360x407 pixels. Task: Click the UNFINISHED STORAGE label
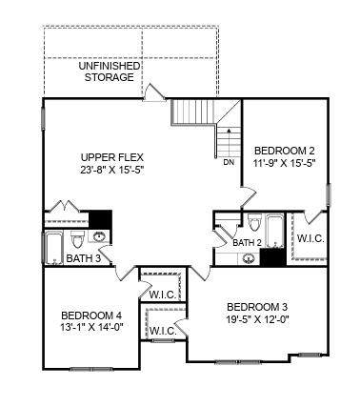(x=110, y=71)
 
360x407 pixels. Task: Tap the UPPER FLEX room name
(x=112, y=157)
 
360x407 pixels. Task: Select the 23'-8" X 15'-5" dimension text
(x=112, y=170)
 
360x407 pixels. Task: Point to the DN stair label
(x=229, y=162)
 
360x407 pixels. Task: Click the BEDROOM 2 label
(x=285, y=151)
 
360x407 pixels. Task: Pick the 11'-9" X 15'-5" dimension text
(x=286, y=163)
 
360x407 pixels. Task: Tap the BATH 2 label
(x=248, y=243)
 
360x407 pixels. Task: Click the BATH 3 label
(x=84, y=258)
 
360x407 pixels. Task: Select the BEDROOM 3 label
(x=257, y=307)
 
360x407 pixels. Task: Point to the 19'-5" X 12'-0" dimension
(x=257, y=319)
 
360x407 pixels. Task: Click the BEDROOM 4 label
(x=91, y=315)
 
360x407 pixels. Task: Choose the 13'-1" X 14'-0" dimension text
(x=91, y=327)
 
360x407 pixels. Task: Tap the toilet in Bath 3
(x=77, y=239)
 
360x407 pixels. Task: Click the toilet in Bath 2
(x=254, y=222)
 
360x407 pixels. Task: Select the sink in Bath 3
(x=99, y=236)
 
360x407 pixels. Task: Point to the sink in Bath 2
(x=249, y=258)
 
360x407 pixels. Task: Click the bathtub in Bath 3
(x=53, y=248)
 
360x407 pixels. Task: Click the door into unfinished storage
(x=154, y=92)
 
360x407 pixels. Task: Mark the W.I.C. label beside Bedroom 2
(x=310, y=238)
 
